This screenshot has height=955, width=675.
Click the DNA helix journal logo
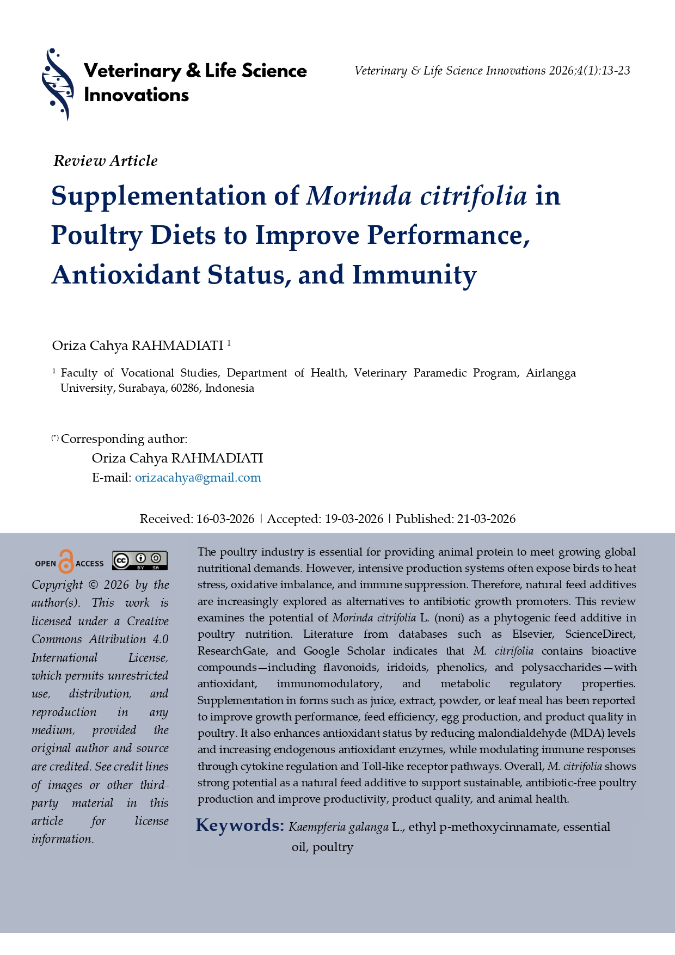tap(58, 84)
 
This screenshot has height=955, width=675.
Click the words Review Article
tap(106, 161)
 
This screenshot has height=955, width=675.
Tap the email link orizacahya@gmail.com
tap(198, 478)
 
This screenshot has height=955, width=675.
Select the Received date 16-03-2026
tap(225, 519)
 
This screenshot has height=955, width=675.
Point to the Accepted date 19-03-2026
tap(354, 519)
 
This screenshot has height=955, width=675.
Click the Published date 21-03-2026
tap(486, 519)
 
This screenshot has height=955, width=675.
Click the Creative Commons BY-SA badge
tap(140, 560)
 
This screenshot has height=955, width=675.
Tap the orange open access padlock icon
tap(66, 562)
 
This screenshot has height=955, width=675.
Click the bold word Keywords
tap(240, 825)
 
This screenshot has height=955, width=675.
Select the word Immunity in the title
tap(414, 275)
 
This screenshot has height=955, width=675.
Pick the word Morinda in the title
tap(359, 196)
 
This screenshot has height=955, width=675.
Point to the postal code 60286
tap(185, 389)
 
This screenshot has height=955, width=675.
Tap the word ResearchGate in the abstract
tap(232, 651)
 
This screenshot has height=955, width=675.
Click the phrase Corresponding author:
tap(124, 439)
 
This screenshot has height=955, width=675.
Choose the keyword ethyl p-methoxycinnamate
tap(483, 827)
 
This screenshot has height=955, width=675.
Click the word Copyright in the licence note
tap(57, 585)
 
